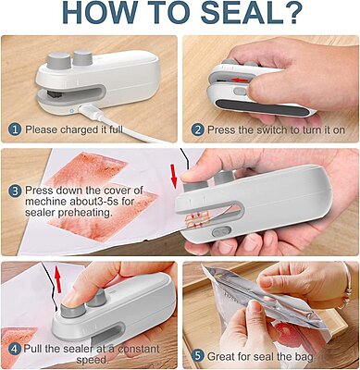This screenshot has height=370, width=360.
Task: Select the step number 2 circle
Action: pos(197,129)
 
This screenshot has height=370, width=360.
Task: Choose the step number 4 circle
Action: pos(15,350)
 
